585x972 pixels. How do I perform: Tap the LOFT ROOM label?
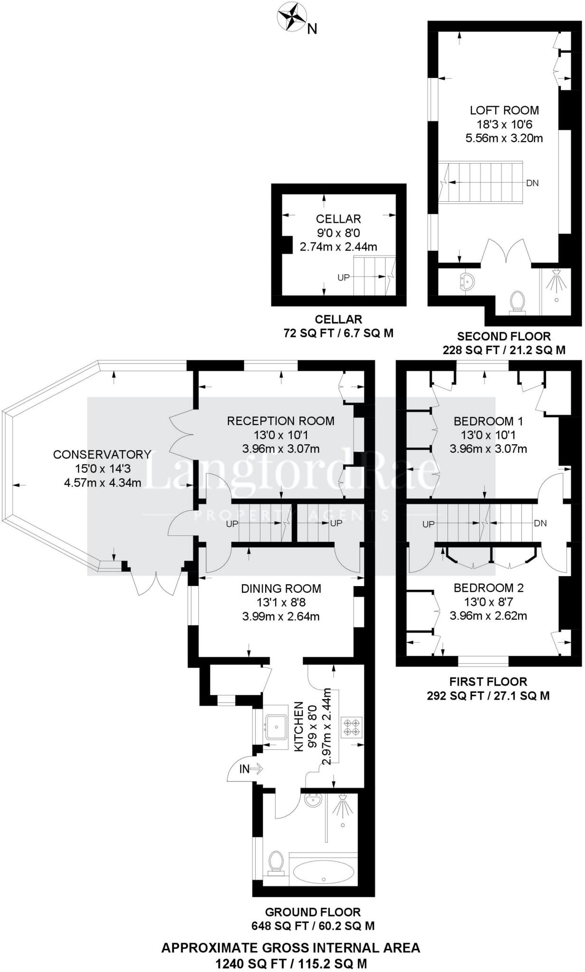click(504, 111)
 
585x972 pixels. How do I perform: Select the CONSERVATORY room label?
click(102, 454)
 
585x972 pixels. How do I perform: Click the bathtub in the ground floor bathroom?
click(323, 871)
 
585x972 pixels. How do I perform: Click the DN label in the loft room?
click(532, 183)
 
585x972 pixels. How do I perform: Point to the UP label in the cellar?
click(344, 277)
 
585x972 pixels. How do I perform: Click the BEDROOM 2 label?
click(488, 588)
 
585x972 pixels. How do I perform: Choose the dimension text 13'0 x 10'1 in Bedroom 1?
click(488, 435)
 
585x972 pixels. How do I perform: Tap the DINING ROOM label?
click(281, 589)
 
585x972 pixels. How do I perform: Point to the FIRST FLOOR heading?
click(488, 682)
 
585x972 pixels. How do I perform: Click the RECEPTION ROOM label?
click(280, 421)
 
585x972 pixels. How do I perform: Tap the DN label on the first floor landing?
click(540, 523)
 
